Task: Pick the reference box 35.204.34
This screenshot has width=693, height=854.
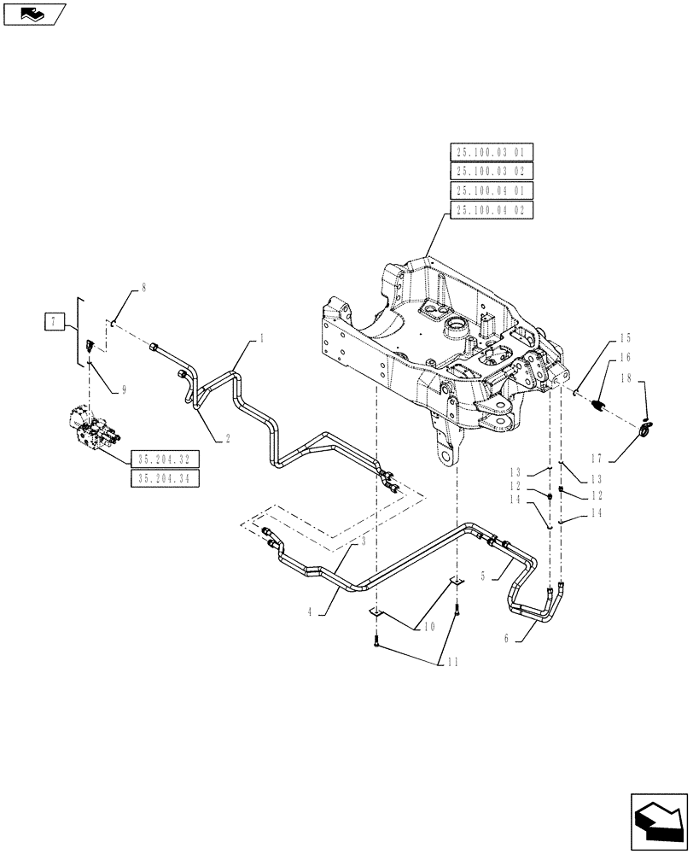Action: [165, 478]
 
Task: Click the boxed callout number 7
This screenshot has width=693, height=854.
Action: [55, 321]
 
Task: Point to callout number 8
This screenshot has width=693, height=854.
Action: [143, 289]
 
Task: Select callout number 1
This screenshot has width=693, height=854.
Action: [261, 339]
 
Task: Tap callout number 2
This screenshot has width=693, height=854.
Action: [228, 439]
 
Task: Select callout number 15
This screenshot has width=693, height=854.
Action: [625, 338]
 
